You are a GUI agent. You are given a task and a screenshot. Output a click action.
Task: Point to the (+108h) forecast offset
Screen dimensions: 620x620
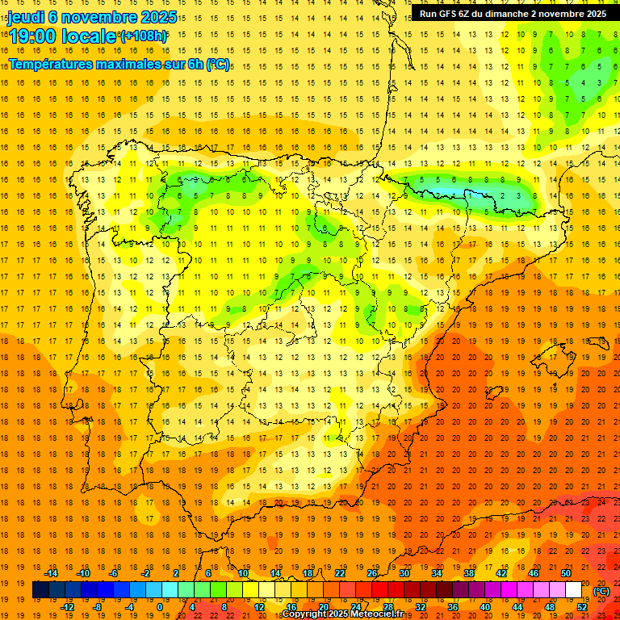pos(143,36)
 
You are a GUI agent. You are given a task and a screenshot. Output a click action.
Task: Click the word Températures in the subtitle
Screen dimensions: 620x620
pos(48,63)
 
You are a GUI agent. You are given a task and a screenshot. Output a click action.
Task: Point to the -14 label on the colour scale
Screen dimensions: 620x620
pos(52,573)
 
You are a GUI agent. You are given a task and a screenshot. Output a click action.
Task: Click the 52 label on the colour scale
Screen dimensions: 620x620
pos(582,607)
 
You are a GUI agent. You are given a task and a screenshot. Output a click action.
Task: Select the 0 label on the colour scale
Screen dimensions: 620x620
pos(160,607)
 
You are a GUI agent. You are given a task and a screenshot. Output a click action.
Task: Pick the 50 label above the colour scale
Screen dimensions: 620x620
pos(566,573)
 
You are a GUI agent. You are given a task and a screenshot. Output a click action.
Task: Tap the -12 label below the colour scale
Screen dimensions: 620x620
pos(68,607)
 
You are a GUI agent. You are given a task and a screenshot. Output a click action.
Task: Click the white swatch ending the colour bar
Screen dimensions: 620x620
pos(573,590)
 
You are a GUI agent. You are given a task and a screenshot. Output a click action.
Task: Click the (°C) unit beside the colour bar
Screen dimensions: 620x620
pos(601,591)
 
